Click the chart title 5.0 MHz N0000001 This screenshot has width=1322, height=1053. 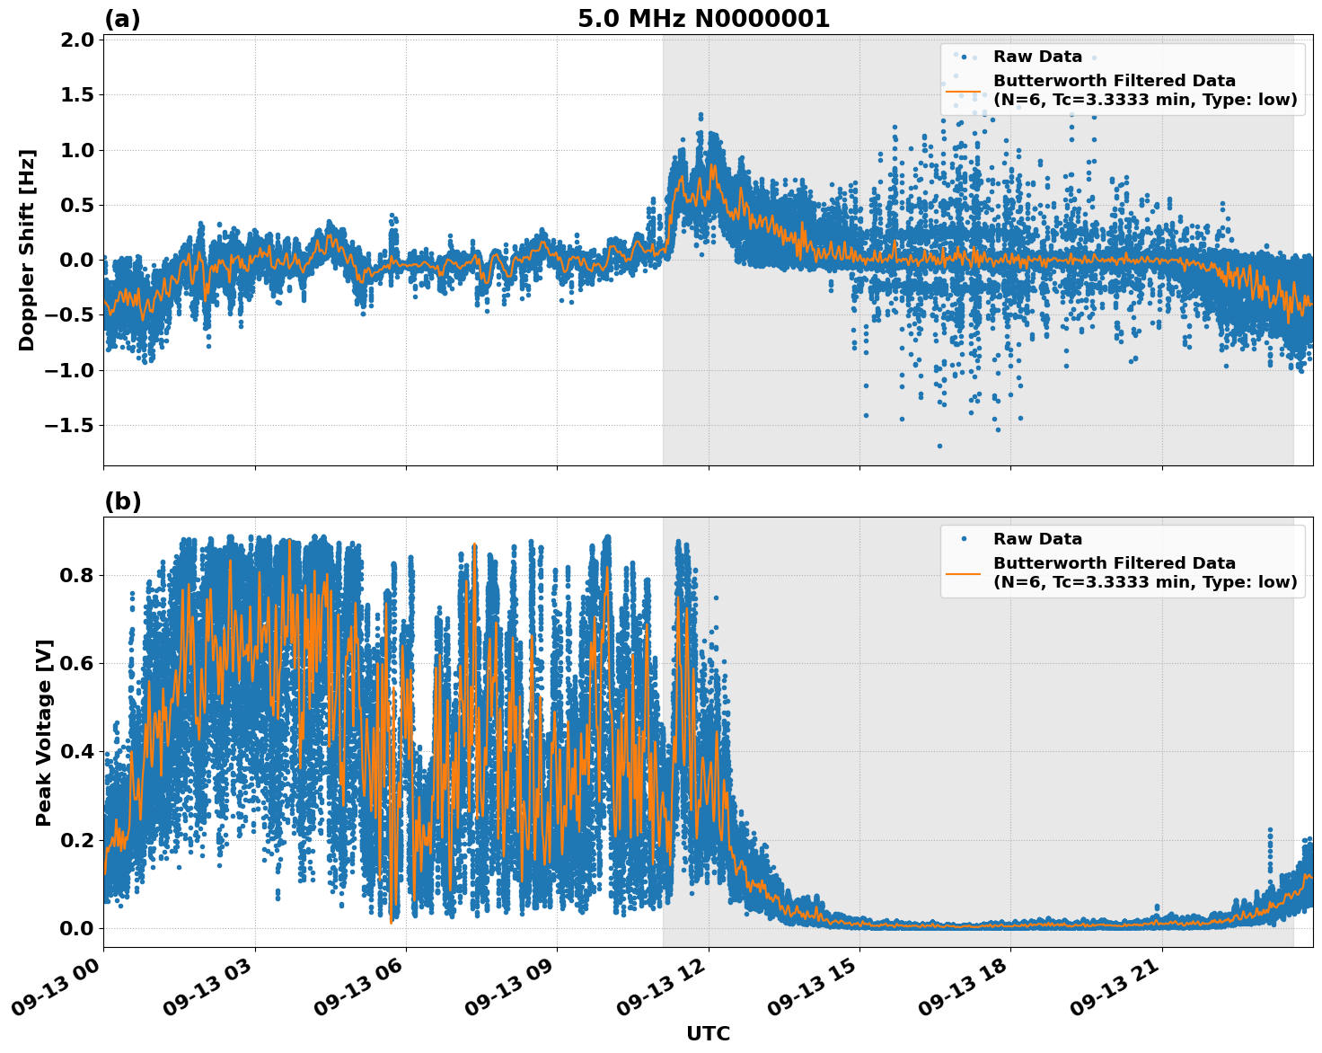(703, 19)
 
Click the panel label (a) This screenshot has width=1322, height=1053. (122, 19)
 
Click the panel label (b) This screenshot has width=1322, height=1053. (122, 501)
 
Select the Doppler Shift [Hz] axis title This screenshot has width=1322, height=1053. (27, 250)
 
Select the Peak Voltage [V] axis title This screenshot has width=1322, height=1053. (44, 732)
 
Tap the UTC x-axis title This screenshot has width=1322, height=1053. (708, 1033)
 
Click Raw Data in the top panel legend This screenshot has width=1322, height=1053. (1037, 57)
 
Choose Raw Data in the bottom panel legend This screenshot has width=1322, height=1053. (1037, 539)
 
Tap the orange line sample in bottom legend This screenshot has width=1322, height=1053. (964, 572)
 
